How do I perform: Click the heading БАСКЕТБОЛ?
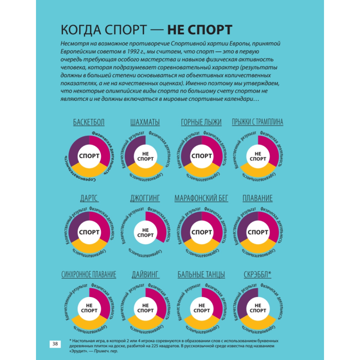(89, 122)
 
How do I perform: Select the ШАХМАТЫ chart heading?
(145, 122)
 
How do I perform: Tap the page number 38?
(55, 344)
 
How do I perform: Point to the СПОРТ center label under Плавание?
(258, 232)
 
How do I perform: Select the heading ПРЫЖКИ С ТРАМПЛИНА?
(258, 122)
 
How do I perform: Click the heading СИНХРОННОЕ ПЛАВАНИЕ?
(89, 275)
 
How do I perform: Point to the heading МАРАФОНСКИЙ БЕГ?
(201, 198)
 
